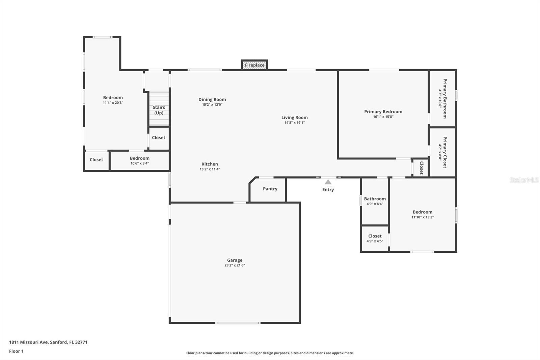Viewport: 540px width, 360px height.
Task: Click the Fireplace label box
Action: (254, 65)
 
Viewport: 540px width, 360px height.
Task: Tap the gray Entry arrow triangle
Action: (328, 182)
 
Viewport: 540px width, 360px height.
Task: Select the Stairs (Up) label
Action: (159, 110)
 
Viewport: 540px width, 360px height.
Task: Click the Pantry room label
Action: (270, 189)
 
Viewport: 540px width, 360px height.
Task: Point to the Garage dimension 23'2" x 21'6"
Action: (235, 265)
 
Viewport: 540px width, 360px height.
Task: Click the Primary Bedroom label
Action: (383, 111)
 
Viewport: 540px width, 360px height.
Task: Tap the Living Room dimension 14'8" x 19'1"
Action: (294, 123)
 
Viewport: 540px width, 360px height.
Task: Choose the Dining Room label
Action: (212, 99)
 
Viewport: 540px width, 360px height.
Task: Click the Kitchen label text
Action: (210, 164)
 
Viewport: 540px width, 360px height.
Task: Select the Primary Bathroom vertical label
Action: (445, 99)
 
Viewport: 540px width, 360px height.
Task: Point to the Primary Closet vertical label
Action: (445, 152)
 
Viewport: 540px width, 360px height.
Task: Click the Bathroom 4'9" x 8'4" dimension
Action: (375, 204)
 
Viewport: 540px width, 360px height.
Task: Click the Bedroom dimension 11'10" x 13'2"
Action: (422, 217)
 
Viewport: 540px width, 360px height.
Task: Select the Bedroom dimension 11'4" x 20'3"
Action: (113, 103)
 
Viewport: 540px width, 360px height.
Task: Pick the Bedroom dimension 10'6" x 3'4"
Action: (140, 163)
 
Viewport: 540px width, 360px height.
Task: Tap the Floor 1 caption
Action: (16, 351)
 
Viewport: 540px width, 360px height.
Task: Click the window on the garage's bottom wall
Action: (238, 323)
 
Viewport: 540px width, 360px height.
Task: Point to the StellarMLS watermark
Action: (524, 180)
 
